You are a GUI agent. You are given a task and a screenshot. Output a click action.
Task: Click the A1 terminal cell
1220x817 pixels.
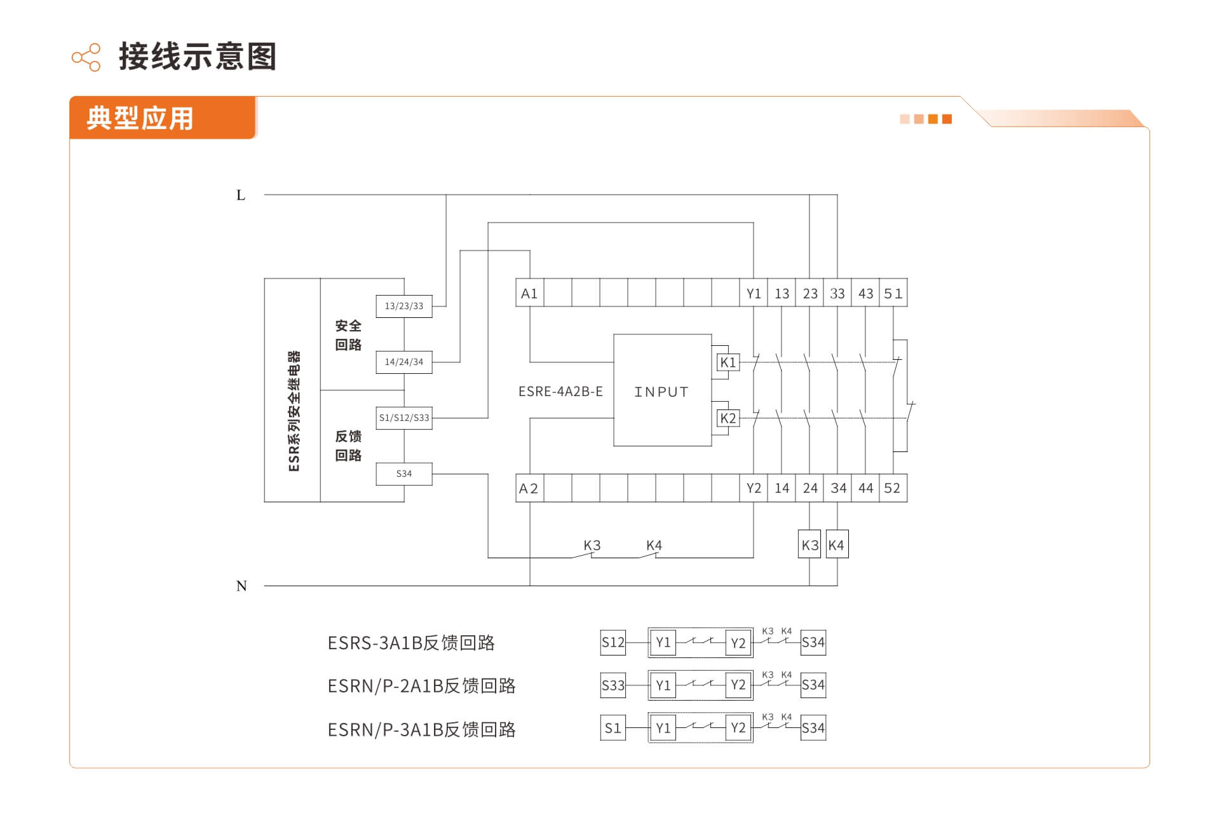pyautogui.click(x=529, y=292)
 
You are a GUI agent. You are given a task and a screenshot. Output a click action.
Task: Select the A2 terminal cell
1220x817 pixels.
pyautogui.click(x=529, y=488)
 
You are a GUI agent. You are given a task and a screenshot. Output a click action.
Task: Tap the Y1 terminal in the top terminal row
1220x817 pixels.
pyautogui.click(x=754, y=292)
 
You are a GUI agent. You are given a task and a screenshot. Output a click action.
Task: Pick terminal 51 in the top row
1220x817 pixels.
pyautogui.click(x=893, y=292)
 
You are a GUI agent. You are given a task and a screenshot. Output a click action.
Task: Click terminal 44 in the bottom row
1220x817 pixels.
pyautogui.click(x=865, y=488)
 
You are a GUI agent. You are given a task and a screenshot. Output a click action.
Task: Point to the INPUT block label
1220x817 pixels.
pyautogui.click(x=661, y=392)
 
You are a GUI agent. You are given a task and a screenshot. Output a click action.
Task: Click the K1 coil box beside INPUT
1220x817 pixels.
pyautogui.click(x=728, y=362)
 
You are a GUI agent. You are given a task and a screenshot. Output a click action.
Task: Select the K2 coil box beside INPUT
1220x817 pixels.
pyautogui.click(x=728, y=418)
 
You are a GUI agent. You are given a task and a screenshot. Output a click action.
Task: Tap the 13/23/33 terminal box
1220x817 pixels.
pyautogui.click(x=404, y=306)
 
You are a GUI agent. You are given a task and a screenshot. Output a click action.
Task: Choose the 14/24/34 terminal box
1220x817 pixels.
pyautogui.click(x=404, y=362)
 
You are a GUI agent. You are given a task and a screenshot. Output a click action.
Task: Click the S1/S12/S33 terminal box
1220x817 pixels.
pyautogui.click(x=404, y=418)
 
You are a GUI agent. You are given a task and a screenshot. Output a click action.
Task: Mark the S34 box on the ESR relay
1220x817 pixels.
pyautogui.click(x=404, y=474)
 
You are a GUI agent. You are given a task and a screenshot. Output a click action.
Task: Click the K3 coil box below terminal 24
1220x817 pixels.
pyautogui.click(x=810, y=544)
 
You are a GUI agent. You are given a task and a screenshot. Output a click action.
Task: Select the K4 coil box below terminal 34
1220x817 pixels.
pyautogui.click(x=837, y=544)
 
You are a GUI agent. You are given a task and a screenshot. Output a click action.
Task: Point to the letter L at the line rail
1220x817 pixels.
pyautogui.click(x=241, y=195)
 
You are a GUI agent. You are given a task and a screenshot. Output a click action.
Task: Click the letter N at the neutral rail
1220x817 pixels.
pyautogui.click(x=241, y=586)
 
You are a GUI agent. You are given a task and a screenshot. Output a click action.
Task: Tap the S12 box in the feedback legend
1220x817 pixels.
pyautogui.click(x=613, y=642)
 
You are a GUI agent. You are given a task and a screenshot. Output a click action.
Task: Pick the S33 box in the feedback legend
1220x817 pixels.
pyautogui.click(x=613, y=685)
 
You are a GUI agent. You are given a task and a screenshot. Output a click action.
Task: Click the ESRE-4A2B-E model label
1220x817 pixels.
pyautogui.click(x=560, y=392)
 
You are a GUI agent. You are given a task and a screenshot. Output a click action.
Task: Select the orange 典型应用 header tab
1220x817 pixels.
pyautogui.click(x=163, y=118)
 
